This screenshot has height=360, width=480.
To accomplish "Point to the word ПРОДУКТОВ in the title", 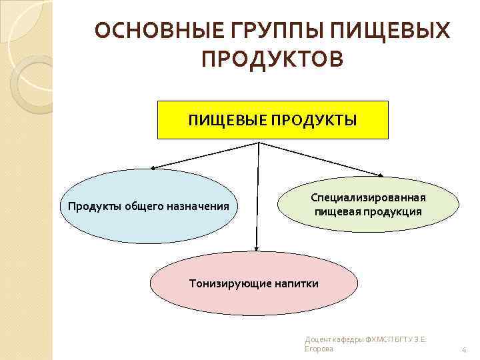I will pyautogui.click(x=273, y=61).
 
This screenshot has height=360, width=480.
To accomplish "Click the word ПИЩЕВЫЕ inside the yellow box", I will pyautogui.click(x=223, y=121).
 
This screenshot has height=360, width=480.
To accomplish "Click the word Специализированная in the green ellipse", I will pyautogui.click(x=369, y=198).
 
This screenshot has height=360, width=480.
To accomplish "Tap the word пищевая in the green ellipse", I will pyautogui.click(x=340, y=211).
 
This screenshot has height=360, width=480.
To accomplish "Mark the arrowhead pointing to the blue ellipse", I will pyautogui.click(x=153, y=169).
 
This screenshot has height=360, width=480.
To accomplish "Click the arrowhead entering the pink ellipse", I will pyautogui.click(x=255, y=249).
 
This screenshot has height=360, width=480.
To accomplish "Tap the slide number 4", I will pyautogui.click(x=463, y=350).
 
